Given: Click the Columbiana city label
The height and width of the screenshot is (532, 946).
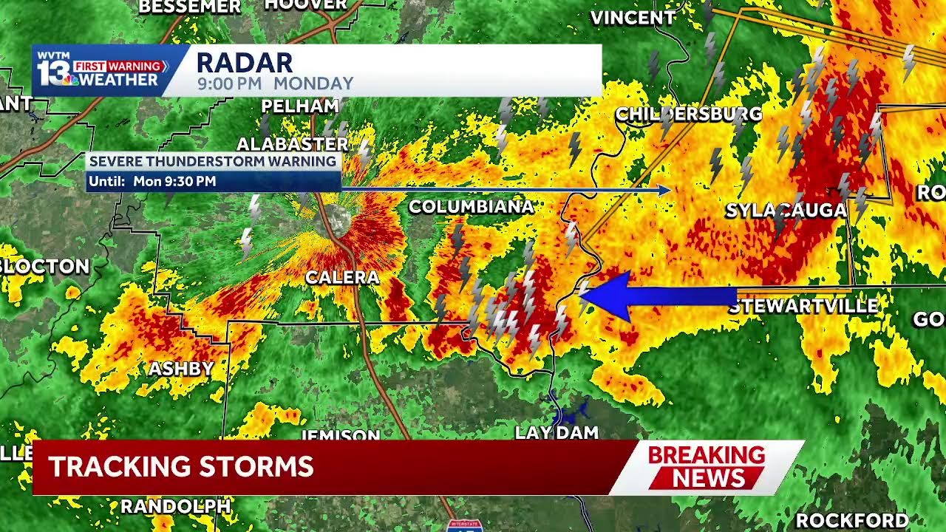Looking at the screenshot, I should coord(471,207).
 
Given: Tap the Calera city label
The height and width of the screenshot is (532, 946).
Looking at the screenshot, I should coord(341,278).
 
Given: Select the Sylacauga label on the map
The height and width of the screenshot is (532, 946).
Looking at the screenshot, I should coord(786,211).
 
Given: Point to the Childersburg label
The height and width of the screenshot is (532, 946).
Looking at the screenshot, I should coord(688,115).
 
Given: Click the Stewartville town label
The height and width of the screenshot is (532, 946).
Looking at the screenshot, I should coord(803,306).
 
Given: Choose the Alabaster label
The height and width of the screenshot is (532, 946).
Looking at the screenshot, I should coord(292,144).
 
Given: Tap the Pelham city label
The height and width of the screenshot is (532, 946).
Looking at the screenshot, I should coord(299,106).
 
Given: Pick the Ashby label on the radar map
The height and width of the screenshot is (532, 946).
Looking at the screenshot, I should coord(181,369).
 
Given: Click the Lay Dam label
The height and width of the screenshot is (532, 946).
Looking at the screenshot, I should coord(556,433).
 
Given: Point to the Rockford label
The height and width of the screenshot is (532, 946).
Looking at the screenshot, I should coord(851,520).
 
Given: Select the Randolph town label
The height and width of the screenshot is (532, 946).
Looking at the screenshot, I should coord(176,506).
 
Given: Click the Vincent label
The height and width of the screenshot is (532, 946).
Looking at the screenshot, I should coord(633,18).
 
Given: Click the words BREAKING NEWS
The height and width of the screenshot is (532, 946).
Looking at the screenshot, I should coord(706,467).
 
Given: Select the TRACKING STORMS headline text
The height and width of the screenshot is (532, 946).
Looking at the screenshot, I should coord(181,467).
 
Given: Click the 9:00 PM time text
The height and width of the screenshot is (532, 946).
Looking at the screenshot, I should coord(229,84).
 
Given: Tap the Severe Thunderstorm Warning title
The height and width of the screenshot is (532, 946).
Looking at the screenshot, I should coord(213,162).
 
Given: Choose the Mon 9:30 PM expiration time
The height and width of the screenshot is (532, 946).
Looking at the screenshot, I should coord(174,181).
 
